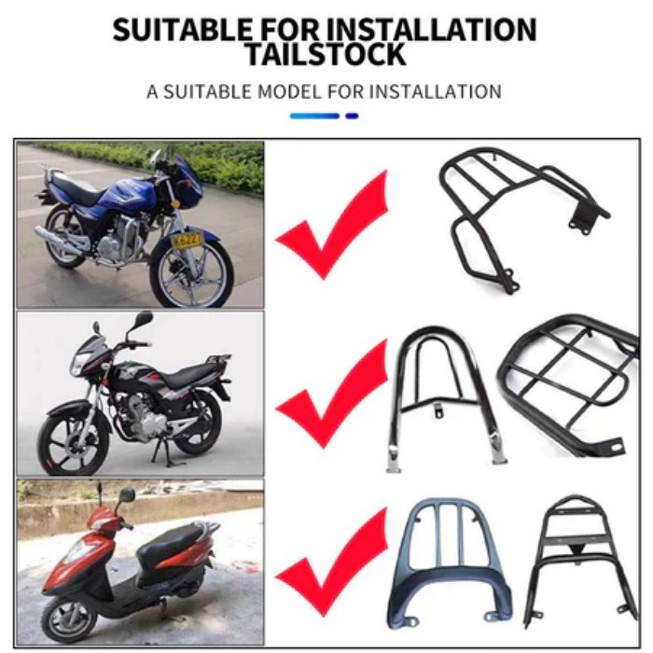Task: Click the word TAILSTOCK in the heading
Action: coord(326,53)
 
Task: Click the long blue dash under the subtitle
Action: coord(314,116)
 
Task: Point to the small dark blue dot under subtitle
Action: coord(352,116)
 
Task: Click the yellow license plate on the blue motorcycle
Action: coord(188,240)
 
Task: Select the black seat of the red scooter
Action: coord(172,541)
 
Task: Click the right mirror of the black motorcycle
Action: coord(143,319)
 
